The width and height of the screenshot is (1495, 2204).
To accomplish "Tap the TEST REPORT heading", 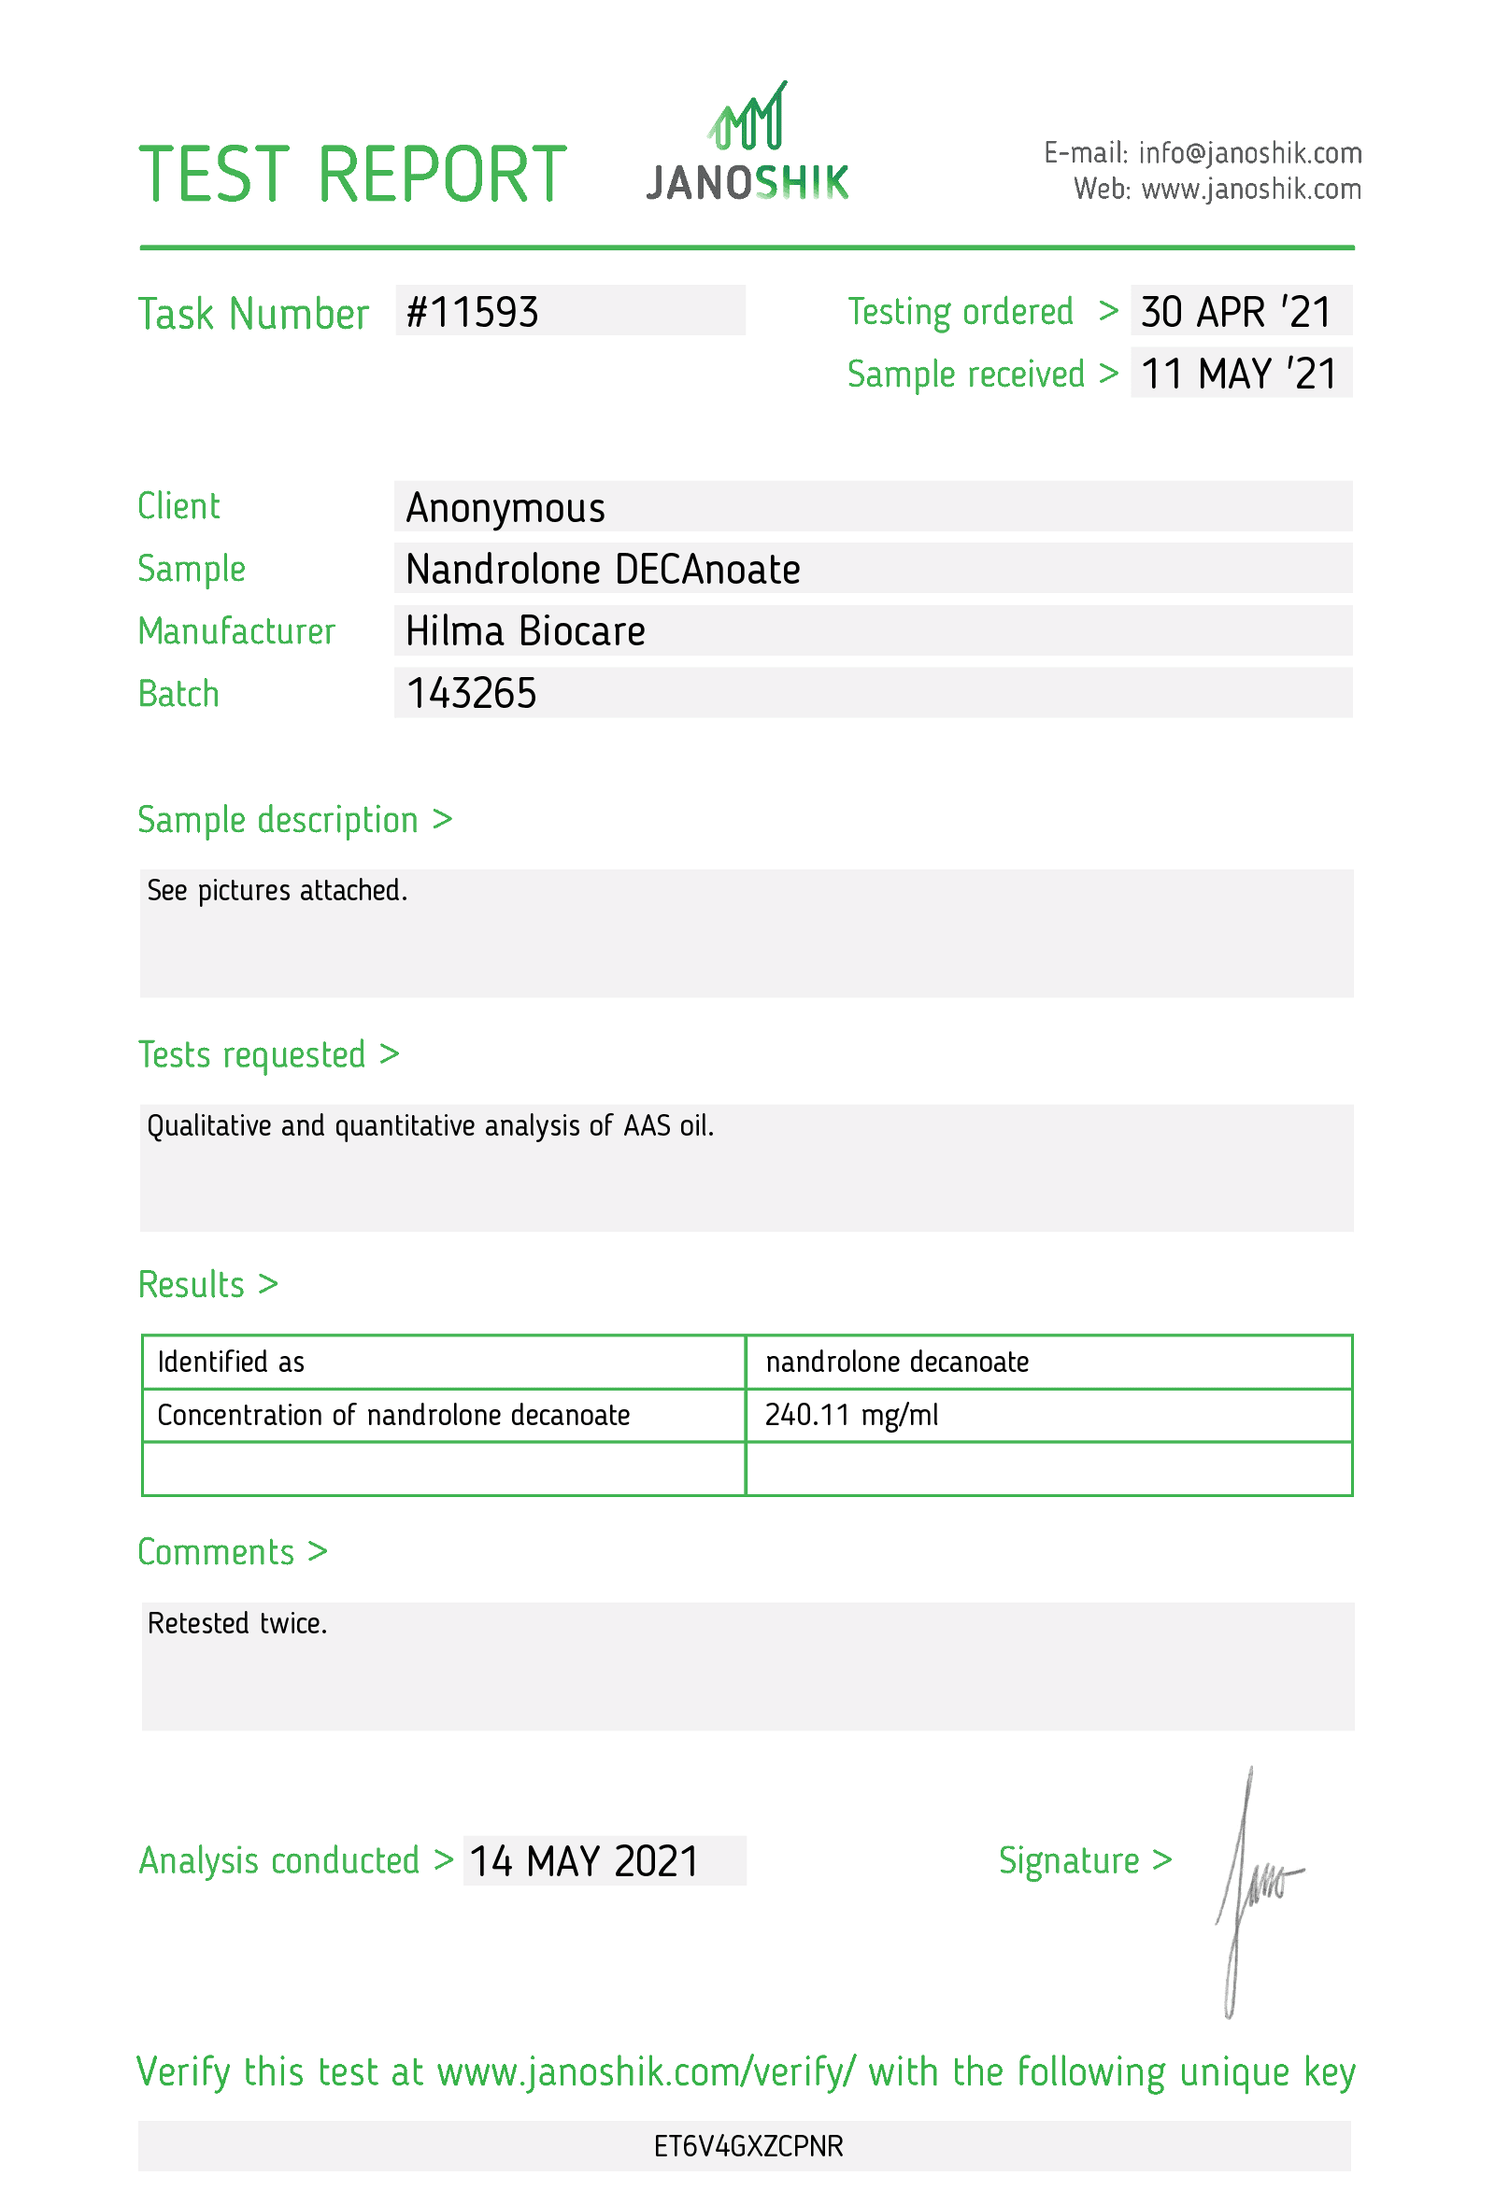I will pos(352,175).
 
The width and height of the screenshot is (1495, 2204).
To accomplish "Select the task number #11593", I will pos(472,312).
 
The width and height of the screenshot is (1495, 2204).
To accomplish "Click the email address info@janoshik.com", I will pos(1249,152).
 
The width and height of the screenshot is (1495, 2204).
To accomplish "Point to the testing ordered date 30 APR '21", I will pos(1236,312).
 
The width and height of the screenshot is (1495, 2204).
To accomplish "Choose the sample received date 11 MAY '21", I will pos(1238,374).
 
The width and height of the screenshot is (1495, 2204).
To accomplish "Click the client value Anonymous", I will pos(505,507).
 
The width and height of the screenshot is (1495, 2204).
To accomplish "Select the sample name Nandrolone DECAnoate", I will pos(603,569).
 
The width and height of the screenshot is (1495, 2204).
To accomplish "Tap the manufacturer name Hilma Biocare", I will pos(524,630).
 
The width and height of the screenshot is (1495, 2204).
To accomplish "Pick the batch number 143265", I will pos(471,693).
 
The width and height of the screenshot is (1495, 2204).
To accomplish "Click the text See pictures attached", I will pos(277,891).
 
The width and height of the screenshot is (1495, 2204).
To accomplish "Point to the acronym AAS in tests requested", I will pos(647,1125).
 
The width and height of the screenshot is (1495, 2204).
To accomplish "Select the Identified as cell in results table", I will pos(231,1362).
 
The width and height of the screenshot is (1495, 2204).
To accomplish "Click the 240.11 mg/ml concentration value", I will pos(851,1415).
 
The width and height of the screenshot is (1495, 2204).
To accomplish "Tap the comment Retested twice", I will pos(237,1624).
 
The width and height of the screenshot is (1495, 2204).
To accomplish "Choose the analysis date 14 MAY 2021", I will pos(583,1861).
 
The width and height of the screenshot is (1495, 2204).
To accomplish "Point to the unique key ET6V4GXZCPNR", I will pos(747,2146).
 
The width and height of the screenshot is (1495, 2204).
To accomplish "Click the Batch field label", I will pos(178,693).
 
